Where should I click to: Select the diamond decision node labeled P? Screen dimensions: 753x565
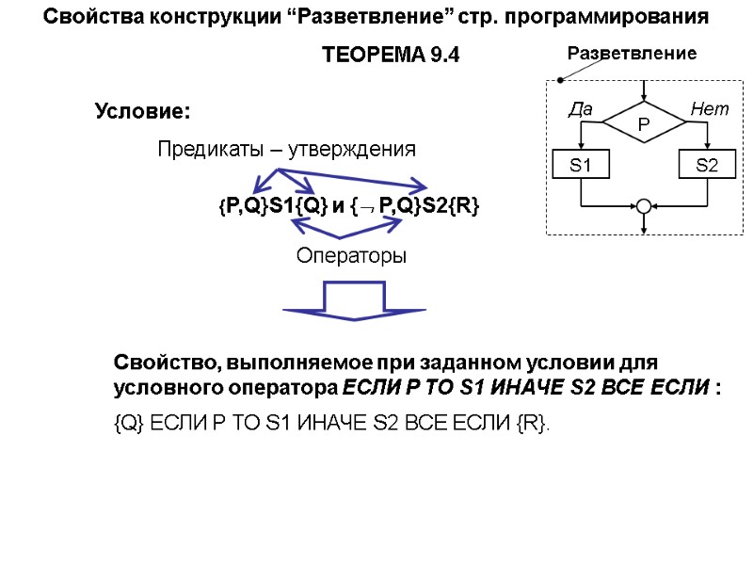point(644,123)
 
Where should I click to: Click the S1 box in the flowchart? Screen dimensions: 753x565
point(583,166)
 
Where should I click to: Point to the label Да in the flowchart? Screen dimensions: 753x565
point(581,110)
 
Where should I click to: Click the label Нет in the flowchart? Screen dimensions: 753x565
point(709,110)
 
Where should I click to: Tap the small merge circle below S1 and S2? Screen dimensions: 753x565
point(644,206)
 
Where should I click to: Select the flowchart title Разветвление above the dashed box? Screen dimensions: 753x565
point(631,54)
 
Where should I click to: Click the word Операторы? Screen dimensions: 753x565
point(351,255)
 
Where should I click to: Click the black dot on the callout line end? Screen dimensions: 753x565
point(559,80)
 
